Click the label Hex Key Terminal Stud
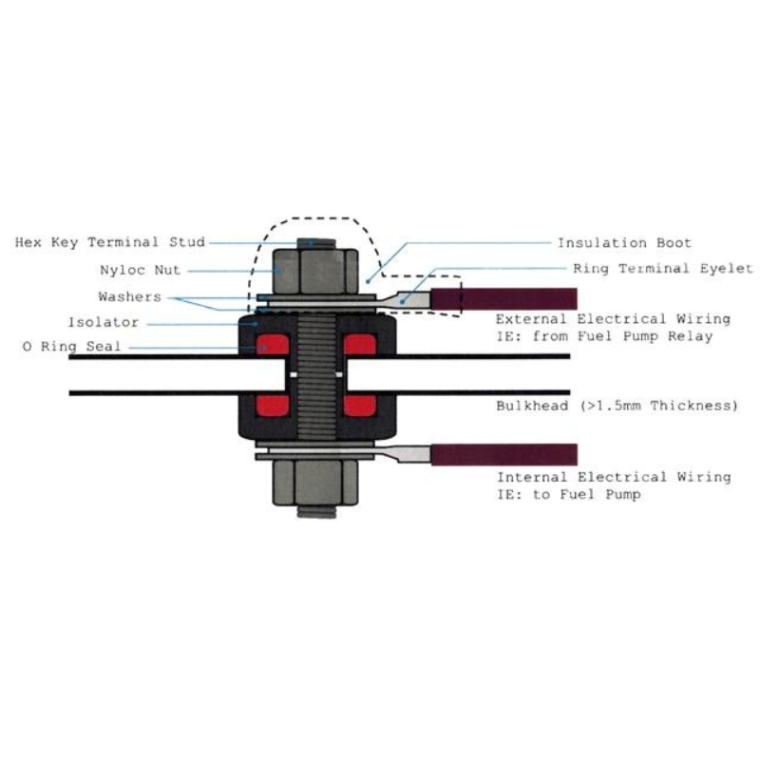coord(110,243)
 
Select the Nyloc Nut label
coord(140,270)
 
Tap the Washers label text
coord(129,297)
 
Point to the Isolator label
coord(104,323)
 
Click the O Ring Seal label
coord(71,348)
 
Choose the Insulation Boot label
coord(624,243)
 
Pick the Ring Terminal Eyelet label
coord(662,269)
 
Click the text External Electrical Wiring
coord(613,319)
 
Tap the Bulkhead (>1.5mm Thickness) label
coord(617,406)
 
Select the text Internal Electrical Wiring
coord(614,477)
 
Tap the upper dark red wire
coord(518,298)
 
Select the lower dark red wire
coord(518,454)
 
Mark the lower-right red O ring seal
coord(360,406)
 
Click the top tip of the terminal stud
coord(313,243)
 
